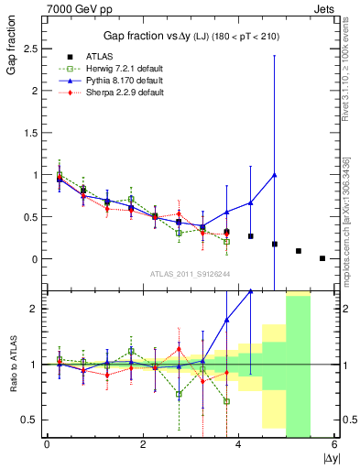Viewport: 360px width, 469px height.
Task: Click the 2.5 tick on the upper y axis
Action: [x=33, y=49]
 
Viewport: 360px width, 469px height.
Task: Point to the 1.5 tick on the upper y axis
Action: [x=33, y=133]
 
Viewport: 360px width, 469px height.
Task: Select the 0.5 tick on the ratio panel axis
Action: [x=33, y=420]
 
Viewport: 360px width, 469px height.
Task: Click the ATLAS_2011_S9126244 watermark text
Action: [x=191, y=274]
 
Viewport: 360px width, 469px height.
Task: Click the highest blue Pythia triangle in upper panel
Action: [x=275, y=175]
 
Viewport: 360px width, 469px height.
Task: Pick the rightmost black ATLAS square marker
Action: [x=322, y=258]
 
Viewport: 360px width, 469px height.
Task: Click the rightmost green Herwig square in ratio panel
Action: [x=226, y=401]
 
